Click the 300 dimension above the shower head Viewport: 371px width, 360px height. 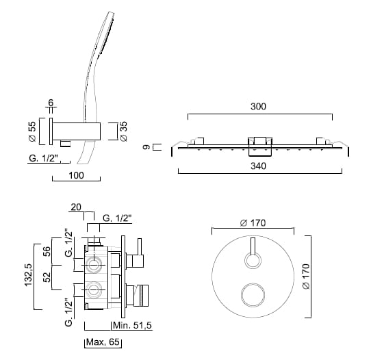tap(258, 107)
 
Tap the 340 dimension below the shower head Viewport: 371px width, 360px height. tap(258, 166)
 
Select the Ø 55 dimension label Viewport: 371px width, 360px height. tap(32, 131)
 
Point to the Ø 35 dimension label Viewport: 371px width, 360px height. tap(123, 131)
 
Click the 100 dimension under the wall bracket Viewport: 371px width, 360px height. tap(76, 175)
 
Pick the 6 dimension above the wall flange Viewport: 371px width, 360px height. tap(51, 103)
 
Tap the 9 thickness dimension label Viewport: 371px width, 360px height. tap(146, 147)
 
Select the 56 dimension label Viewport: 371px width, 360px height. tap(47, 251)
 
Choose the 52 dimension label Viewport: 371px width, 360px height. tap(47, 277)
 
